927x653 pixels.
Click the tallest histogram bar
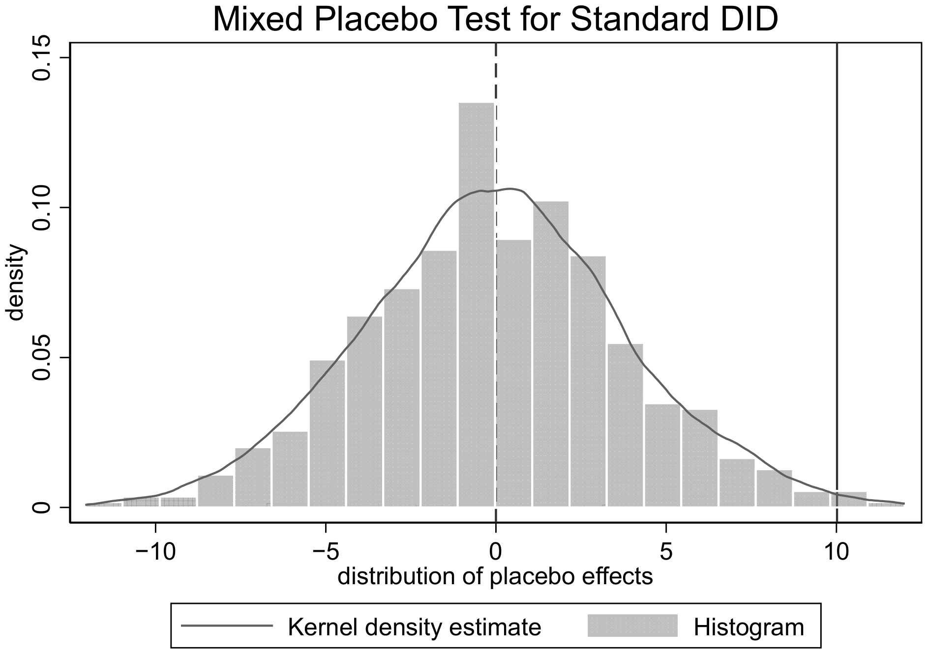click(477, 305)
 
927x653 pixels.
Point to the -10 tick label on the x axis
click(155, 553)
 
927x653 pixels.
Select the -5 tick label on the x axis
click(326, 553)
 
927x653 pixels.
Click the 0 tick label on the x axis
click(496, 553)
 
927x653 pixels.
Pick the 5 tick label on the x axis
click(666, 553)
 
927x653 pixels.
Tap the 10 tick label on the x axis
click(836, 553)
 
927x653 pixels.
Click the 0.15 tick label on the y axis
click(41, 58)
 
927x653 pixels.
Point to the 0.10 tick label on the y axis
click(41, 207)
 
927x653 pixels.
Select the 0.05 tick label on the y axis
click(41, 357)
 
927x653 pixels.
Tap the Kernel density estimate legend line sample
click(227, 626)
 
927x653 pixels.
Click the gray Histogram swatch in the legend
click(633, 626)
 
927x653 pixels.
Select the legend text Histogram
click(749, 627)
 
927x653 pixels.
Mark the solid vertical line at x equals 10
click(837, 283)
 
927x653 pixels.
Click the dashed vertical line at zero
click(496, 283)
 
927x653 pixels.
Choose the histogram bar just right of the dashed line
click(514, 373)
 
